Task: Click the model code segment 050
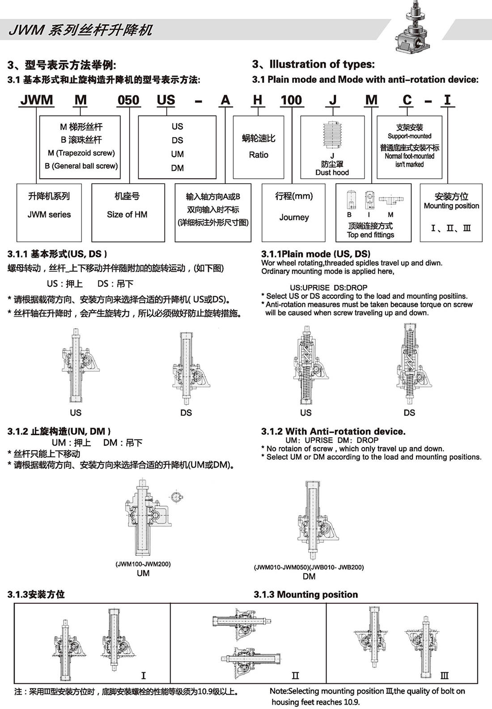coord(128,100)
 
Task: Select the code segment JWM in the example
coord(37,100)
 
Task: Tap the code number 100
coord(291,100)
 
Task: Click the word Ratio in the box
coord(259,155)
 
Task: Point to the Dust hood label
coord(332,172)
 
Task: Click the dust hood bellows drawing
coord(332,136)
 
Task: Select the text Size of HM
coord(127,215)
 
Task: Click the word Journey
coord(294,217)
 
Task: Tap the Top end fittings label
coord(370,235)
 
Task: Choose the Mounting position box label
coord(451,206)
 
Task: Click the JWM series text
coord(49,215)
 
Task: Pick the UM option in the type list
coord(178,154)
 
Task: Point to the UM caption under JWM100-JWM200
coord(143,573)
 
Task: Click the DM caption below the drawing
coord(309,576)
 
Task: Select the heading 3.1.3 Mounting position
coord(306,595)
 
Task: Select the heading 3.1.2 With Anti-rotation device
coord(333,432)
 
